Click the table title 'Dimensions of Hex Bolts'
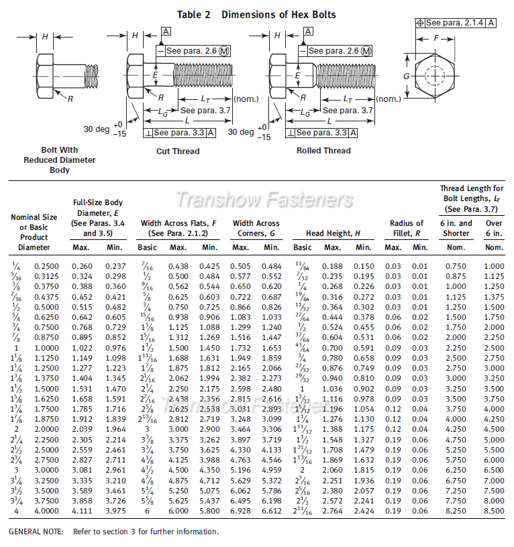pyautogui.click(x=278, y=14)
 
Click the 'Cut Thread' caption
pyautogui.click(x=178, y=151)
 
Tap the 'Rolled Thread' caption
pyautogui.click(x=323, y=151)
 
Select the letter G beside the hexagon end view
pyautogui.click(x=406, y=76)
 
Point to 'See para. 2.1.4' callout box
pyautogui.click(x=456, y=23)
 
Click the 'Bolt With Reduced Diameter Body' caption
pyautogui.click(x=60, y=160)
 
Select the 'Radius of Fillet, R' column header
pyautogui.click(x=407, y=228)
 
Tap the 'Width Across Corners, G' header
pyautogui.click(x=256, y=228)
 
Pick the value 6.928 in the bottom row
pyautogui.click(x=241, y=511)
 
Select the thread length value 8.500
pyautogui.click(x=494, y=511)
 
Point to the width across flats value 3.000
pyautogui.click(x=178, y=429)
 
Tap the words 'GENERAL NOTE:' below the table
pyautogui.click(x=36, y=532)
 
